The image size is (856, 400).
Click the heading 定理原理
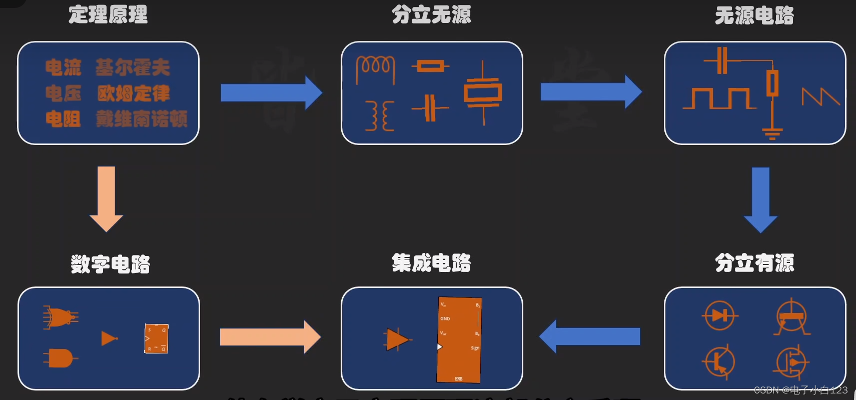point(108,14)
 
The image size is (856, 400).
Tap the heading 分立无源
point(431,14)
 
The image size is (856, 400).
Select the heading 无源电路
point(754,15)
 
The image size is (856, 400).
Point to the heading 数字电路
point(110,264)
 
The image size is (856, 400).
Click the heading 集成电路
point(431,263)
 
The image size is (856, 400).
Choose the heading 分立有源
point(754,263)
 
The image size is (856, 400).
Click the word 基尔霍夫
point(133,67)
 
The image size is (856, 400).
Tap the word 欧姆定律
point(134,93)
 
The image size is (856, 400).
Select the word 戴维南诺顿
point(142,119)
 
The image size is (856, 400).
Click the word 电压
point(63,93)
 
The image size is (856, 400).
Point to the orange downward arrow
point(106,198)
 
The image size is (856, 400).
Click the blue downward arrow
point(760,199)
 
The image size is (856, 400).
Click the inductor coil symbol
point(375,68)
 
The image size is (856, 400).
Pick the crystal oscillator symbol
point(483,92)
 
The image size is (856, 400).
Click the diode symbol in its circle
point(719,315)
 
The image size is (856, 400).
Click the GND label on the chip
point(445,318)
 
